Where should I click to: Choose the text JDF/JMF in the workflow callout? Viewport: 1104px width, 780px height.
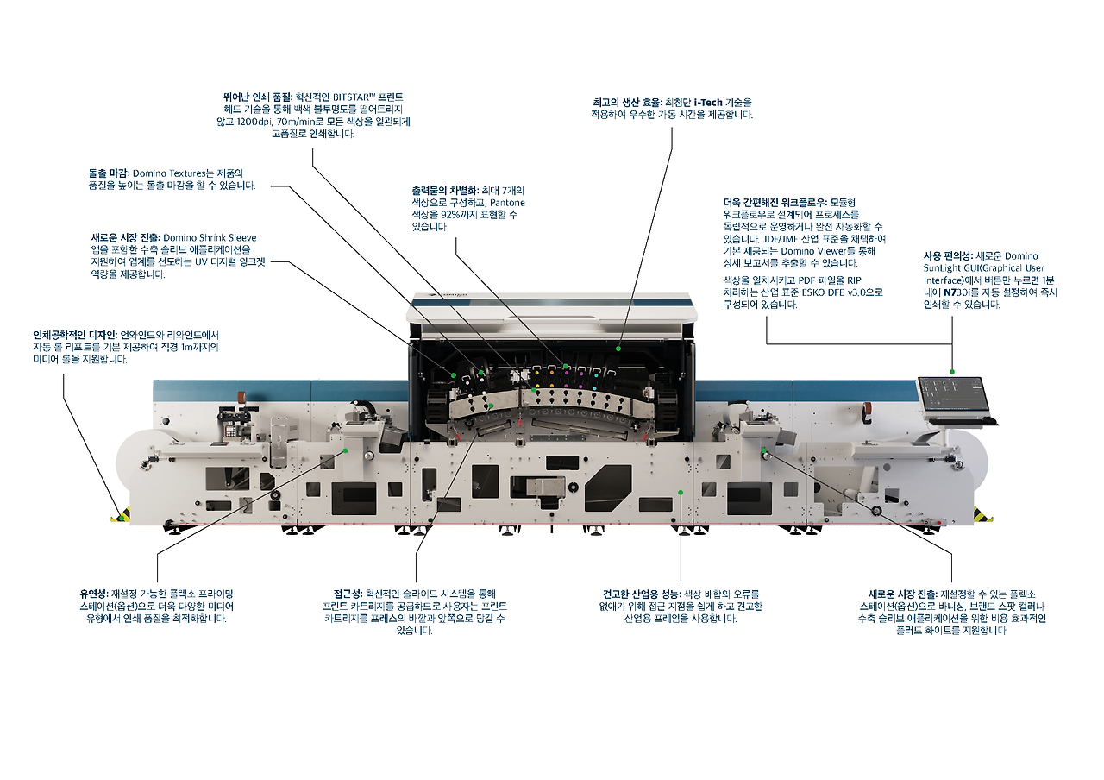tap(789, 238)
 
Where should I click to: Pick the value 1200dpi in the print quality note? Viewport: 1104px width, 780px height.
tap(250, 122)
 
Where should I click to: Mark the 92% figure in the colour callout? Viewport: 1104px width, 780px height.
tap(452, 214)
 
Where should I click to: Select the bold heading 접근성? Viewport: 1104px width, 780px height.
tap(348, 594)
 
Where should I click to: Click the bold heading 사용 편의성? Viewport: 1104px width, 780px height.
tap(948, 256)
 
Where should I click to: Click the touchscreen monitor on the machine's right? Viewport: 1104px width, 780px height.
tap(951, 394)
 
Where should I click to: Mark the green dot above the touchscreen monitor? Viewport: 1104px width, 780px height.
tap(951, 371)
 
